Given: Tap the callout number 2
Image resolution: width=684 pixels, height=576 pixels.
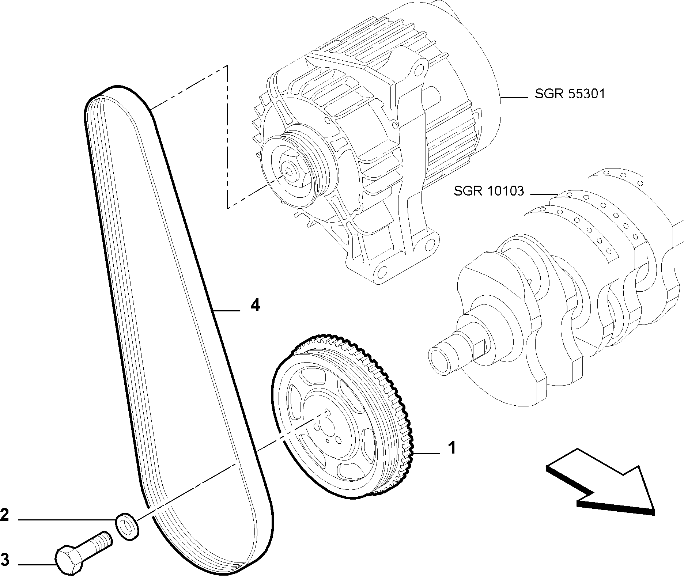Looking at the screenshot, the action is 4,515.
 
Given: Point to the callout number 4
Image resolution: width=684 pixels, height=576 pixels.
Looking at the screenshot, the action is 255,304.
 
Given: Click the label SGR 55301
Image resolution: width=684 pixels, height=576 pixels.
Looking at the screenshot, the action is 570,94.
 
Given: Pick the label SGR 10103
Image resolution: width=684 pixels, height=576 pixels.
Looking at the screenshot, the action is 489,191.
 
